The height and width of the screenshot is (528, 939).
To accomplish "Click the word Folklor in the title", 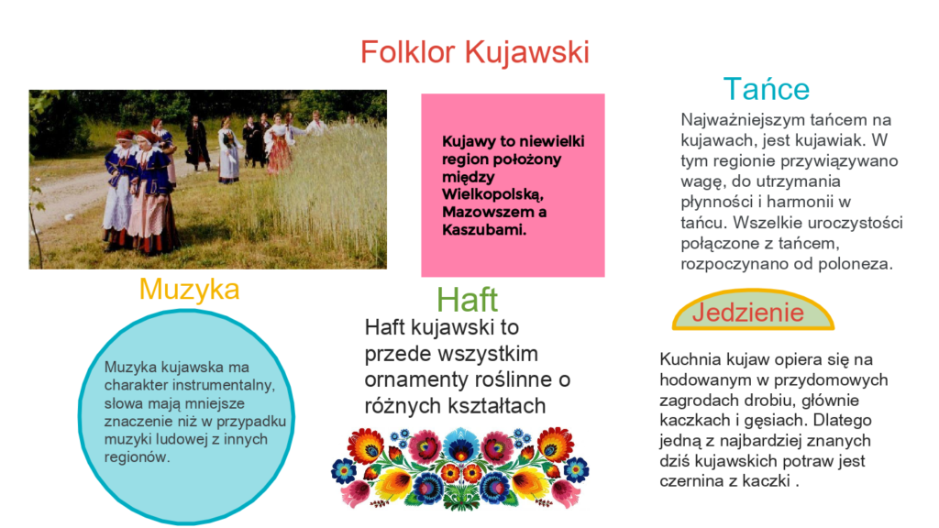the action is click(408, 51).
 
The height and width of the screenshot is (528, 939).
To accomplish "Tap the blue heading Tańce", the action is click(766, 89).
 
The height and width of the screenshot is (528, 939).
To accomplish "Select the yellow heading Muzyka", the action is click(189, 290).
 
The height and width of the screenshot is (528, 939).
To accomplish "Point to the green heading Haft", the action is click(467, 300).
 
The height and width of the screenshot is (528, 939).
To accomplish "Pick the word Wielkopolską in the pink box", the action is click(492, 194).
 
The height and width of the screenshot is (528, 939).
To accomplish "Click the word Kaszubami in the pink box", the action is click(484, 230).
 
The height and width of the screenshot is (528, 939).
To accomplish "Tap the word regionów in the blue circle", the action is click(137, 457).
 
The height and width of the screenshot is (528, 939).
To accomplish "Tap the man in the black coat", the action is click(197, 144).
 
